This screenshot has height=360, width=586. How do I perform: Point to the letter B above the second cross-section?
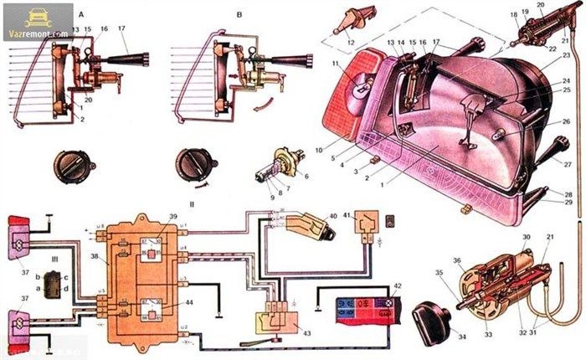[215, 15]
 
